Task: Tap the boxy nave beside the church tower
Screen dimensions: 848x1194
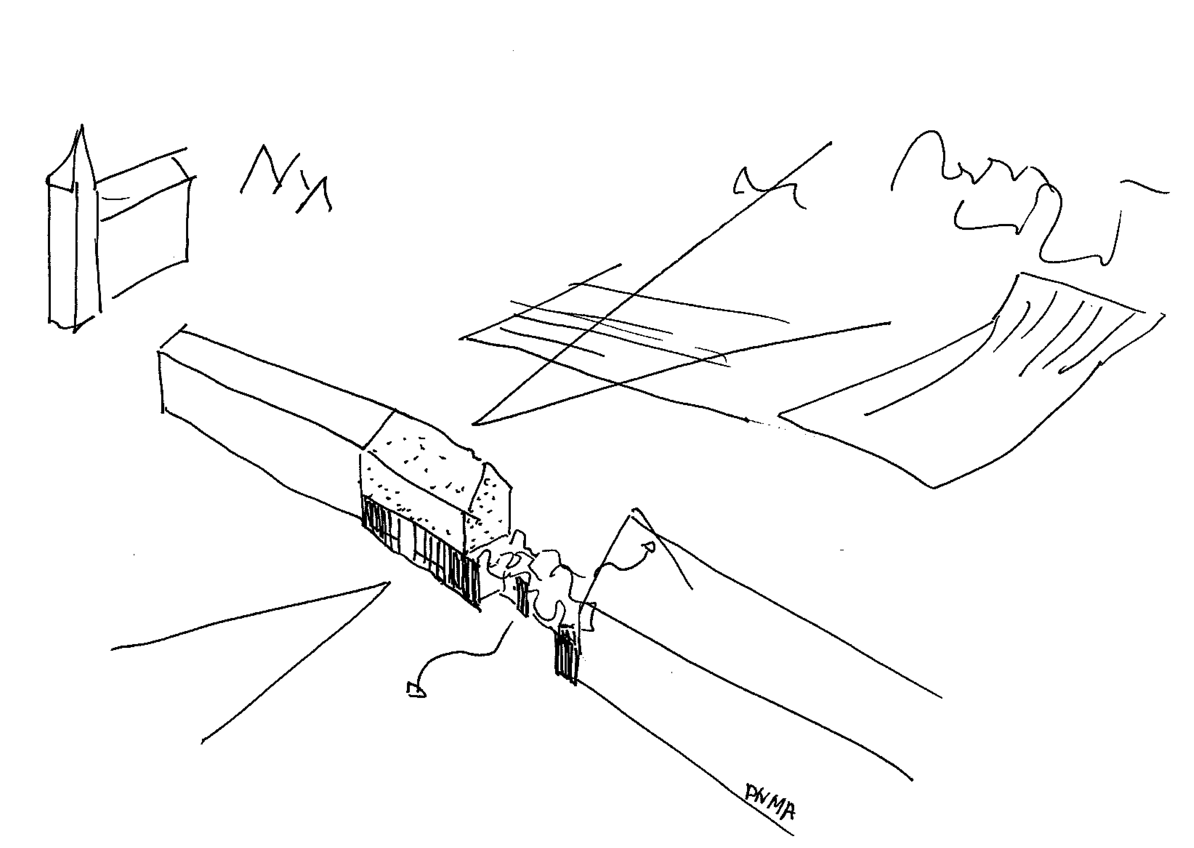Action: (x=143, y=219)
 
